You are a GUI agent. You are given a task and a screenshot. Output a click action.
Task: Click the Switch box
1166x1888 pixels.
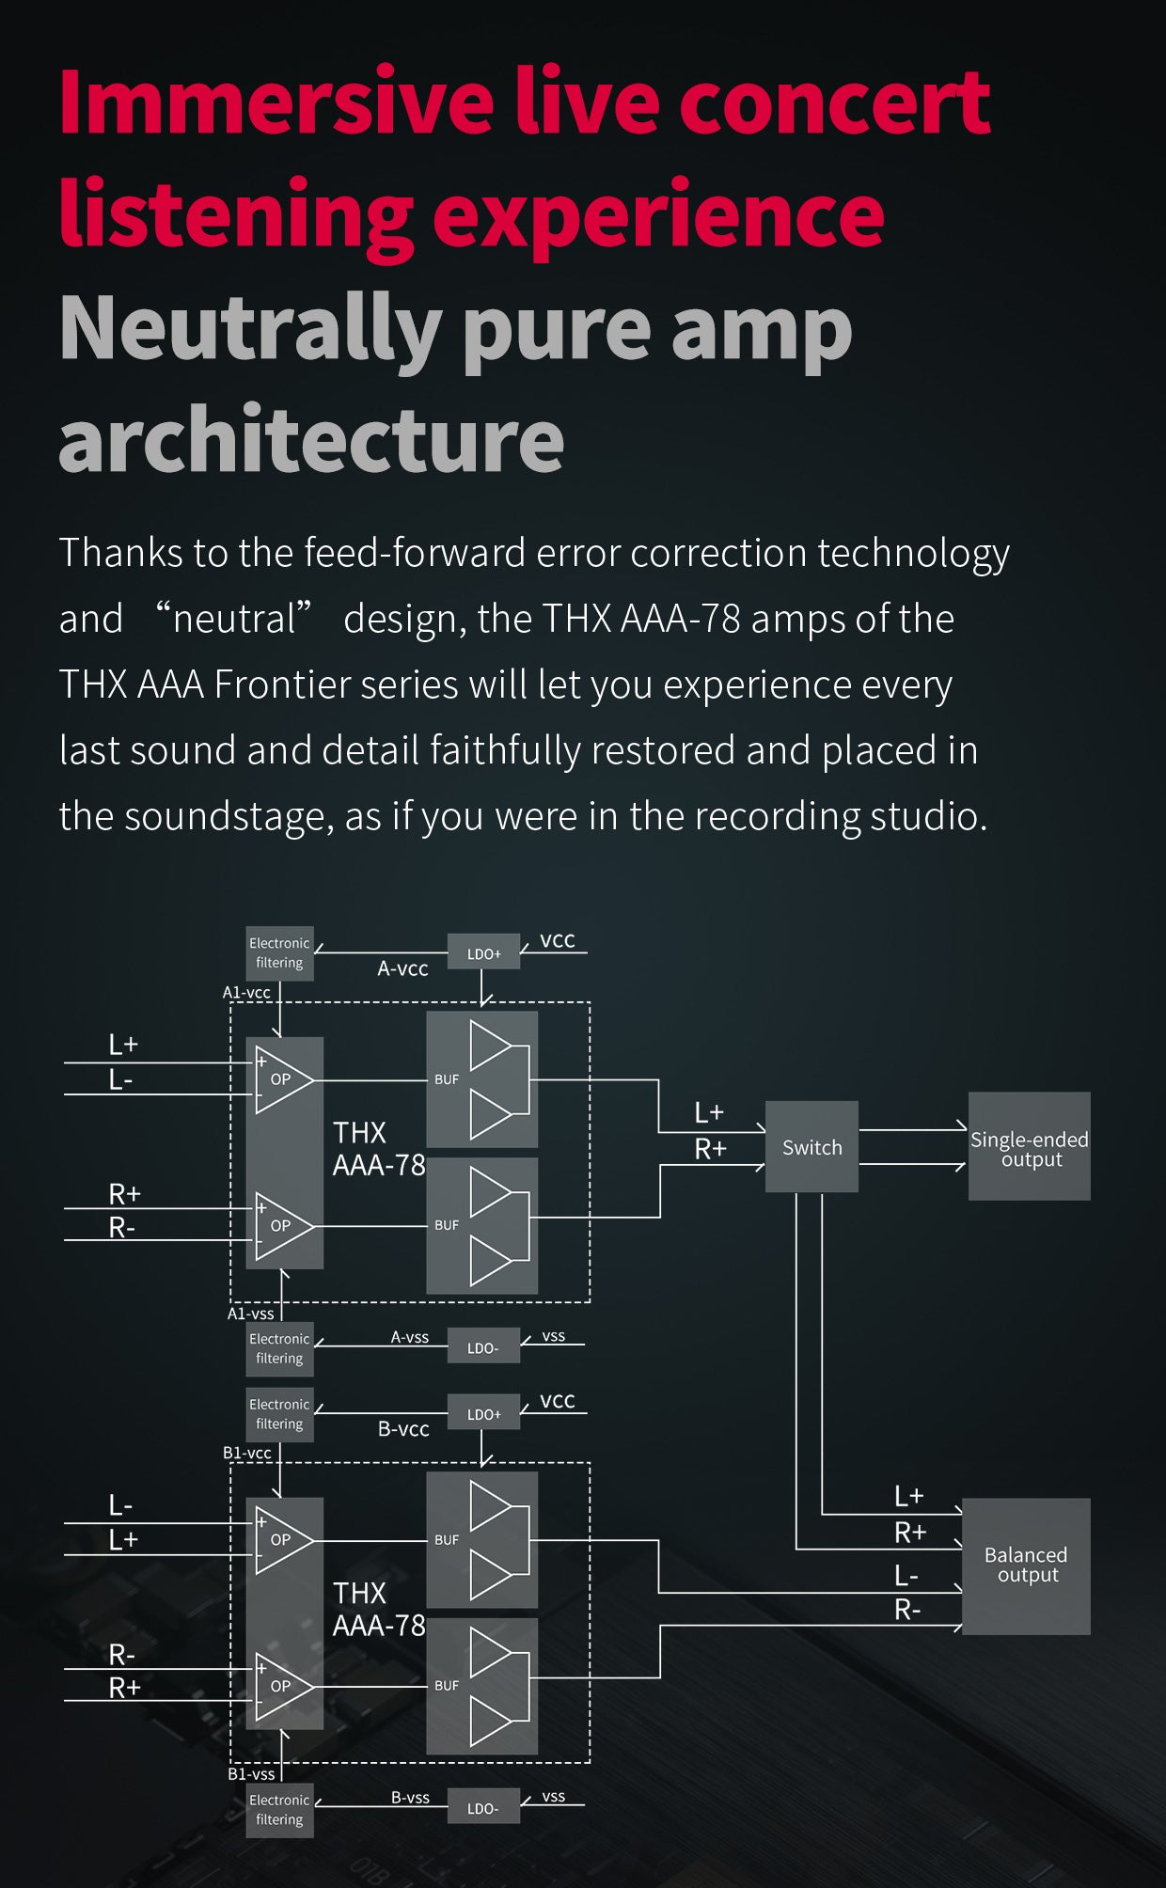811,1146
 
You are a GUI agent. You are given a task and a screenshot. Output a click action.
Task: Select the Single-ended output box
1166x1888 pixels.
1030,1146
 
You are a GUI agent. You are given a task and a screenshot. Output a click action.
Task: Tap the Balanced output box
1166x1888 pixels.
1026,1566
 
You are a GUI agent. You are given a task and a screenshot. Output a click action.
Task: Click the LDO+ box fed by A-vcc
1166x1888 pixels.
483,952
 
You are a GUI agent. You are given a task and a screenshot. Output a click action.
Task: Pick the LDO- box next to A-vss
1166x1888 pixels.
483,1345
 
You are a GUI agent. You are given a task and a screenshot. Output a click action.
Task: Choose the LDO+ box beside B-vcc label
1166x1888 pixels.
483,1412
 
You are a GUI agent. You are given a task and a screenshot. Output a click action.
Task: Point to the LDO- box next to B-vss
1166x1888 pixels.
483,1806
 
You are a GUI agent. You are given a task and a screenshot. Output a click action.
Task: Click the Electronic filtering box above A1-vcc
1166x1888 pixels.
279,952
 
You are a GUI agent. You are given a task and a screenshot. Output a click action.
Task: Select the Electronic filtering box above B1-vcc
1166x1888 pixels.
279,1414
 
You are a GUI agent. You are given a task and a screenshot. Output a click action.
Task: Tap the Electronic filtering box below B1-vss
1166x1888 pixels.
279,1810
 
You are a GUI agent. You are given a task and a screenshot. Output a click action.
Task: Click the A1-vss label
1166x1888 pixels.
251,1314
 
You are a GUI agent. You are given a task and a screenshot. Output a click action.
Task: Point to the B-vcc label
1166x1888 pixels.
403,1429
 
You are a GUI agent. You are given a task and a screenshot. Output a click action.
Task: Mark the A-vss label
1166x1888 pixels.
410,1337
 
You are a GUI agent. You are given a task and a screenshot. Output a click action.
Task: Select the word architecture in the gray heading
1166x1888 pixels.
311,440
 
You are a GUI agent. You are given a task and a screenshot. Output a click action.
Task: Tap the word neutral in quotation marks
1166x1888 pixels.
234,619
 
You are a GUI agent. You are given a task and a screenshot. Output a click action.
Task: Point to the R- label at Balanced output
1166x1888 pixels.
907,1610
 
